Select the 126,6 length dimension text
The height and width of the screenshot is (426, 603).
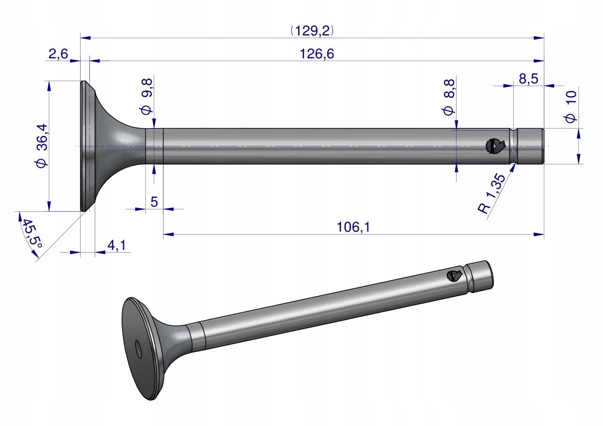[x=317, y=54]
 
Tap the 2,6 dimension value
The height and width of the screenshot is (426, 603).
[x=58, y=54]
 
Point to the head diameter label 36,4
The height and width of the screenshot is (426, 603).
[x=42, y=145]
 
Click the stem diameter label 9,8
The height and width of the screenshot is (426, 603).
[x=146, y=96]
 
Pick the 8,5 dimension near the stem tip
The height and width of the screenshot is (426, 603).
[x=529, y=79]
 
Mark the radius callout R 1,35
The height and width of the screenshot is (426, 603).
[x=491, y=193]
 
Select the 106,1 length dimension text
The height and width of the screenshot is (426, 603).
[x=353, y=227]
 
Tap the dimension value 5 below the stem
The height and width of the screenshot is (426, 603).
[x=154, y=202]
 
